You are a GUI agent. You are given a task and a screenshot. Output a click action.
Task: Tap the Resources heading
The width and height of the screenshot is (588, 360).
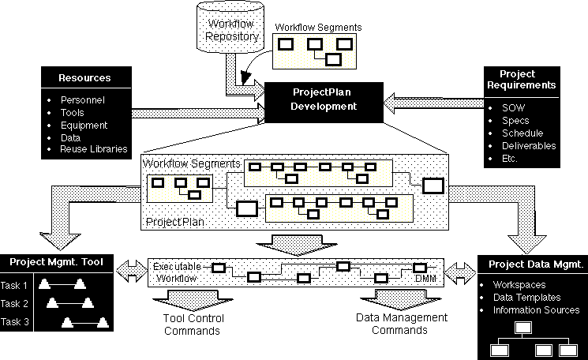tap(84, 78)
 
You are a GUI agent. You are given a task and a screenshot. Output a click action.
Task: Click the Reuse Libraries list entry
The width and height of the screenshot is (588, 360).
tap(94, 148)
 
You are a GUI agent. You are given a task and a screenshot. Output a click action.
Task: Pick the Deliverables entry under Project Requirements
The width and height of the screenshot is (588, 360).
tap(529, 146)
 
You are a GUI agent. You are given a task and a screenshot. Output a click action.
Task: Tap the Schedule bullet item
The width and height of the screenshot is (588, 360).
tap(522, 133)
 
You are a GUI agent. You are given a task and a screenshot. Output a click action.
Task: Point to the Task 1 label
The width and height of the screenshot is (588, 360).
tap(14, 285)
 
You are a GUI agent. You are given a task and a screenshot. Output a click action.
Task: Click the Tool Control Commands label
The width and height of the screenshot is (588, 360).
tap(193, 324)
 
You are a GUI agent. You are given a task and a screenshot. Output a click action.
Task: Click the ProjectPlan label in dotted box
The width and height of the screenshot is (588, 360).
tap(174, 223)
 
